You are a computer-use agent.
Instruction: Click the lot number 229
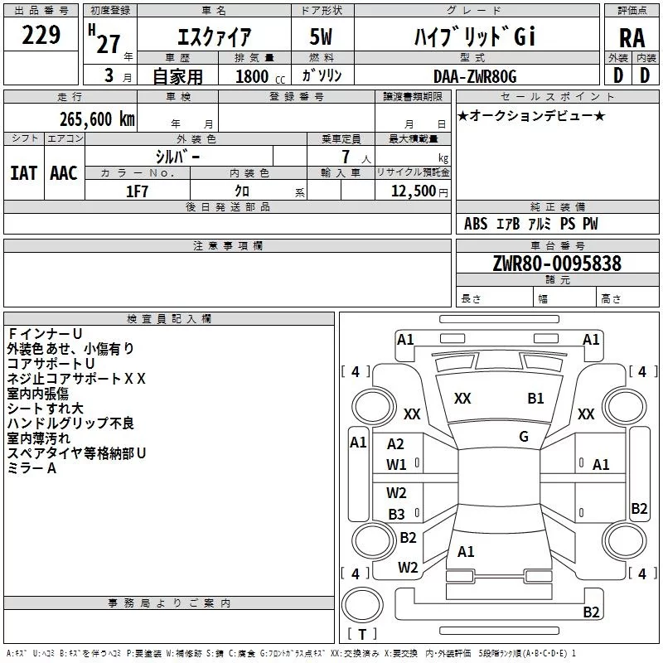(x=41, y=35)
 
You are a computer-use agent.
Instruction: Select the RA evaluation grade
(x=632, y=37)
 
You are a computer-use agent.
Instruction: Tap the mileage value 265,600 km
(x=96, y=119)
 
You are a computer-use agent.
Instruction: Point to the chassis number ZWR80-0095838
(x=557, y=264)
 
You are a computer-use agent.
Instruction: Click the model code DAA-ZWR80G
(x=474, y=76)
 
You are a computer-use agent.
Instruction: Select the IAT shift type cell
(x=23, y=172)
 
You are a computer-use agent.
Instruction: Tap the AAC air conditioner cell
(x=63, y=172)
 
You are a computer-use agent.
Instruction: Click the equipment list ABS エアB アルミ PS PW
(x=530, y=224)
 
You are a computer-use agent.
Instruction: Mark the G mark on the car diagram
(x=524, y=436)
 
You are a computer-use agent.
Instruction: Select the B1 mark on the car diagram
(x=535, y=398)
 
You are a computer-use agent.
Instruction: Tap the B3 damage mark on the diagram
(x=397, y=515)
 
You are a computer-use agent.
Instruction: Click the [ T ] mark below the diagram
(x=361, y=635)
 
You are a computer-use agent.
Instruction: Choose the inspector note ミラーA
(x=31, y=468)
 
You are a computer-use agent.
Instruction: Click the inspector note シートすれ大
(x=45, y=409)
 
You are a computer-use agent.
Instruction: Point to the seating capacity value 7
(x=343, y=157)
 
